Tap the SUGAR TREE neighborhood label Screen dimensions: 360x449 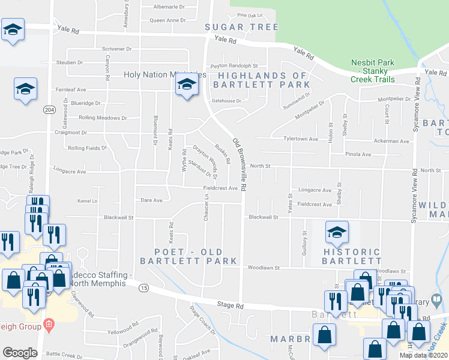point(241,27)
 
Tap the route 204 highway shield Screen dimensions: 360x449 point(49,110)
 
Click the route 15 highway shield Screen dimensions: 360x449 point(143,288)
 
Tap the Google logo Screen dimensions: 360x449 point(20,353)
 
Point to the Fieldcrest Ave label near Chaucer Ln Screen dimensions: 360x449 point(220,188)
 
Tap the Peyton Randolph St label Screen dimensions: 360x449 point(234,66)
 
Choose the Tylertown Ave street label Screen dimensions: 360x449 point(300,139)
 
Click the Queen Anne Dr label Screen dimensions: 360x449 point(167,20)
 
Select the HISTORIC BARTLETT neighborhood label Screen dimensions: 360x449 point(352,256)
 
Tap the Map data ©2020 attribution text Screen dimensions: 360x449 point(424,355)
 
